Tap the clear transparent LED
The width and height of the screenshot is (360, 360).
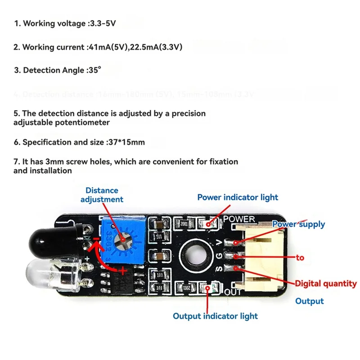(x=45, y=273)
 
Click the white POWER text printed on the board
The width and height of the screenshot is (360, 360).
(x=239, y=219)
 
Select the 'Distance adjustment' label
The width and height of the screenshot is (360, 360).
(x=102, y=195)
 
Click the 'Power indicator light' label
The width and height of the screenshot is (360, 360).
(x=238, y=197)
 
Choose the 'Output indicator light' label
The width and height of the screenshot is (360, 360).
(x=215, y=316)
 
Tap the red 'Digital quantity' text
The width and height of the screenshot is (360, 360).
(x=326, y=283)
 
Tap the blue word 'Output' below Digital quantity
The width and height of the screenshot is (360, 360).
(x=309, y=301)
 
